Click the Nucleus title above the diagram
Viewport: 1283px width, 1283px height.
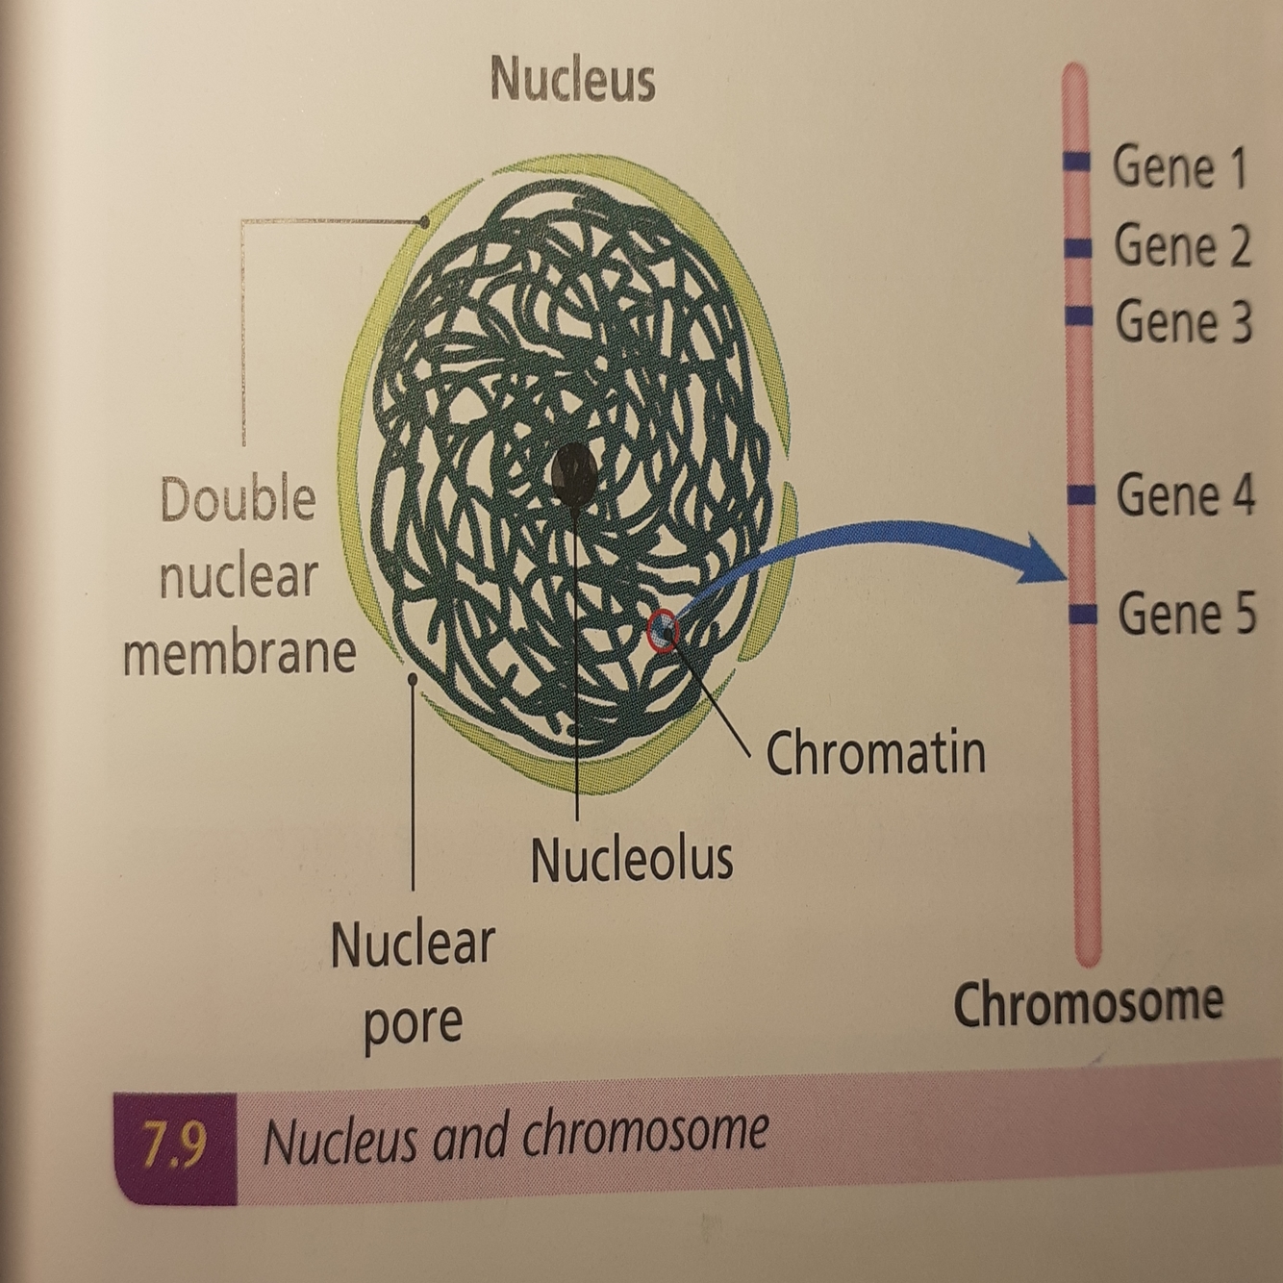(x=572, y=79)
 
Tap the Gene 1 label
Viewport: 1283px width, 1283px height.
(x=1179, y=167)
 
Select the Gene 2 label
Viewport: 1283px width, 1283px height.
(x=1182, y=246)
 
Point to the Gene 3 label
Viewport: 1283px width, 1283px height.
(x=1184, y=322)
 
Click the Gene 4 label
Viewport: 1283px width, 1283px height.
(x=1185, y=496)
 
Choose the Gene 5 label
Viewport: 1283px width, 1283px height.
(x=1187, y=614)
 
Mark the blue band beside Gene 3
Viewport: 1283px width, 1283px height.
(x=1079, y=314)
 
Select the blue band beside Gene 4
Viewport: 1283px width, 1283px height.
(x=1082, y=494)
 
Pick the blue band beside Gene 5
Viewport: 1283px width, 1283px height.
(x=1084, y=614)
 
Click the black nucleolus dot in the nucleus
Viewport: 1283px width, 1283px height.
(x=574, y=474)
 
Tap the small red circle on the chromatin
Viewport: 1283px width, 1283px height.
(x=664, y=632)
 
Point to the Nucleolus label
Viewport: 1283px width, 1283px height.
(x=632, y=859)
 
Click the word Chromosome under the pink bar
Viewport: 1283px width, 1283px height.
(x=1088, y=1002)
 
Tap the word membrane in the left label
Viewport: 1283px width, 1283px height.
(x=239, y=653)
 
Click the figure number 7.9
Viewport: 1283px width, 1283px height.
(x=174, y=1145)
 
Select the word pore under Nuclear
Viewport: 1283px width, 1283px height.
(x=413, y=1024)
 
